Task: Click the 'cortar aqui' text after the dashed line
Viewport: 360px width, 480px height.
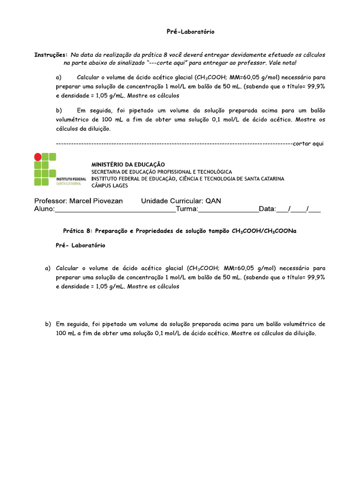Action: [x=308, y=143]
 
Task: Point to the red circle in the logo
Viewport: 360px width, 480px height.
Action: [x=37, y=157]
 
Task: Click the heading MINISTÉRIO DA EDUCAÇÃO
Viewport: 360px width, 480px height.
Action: [x=128, y=165]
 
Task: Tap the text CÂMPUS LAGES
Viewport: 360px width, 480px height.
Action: [x=109, y=185]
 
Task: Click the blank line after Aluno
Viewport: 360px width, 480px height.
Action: [x=115, y=210]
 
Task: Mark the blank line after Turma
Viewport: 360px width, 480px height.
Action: [x=228, y=210]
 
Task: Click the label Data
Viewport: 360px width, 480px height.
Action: [x=267, y=209]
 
